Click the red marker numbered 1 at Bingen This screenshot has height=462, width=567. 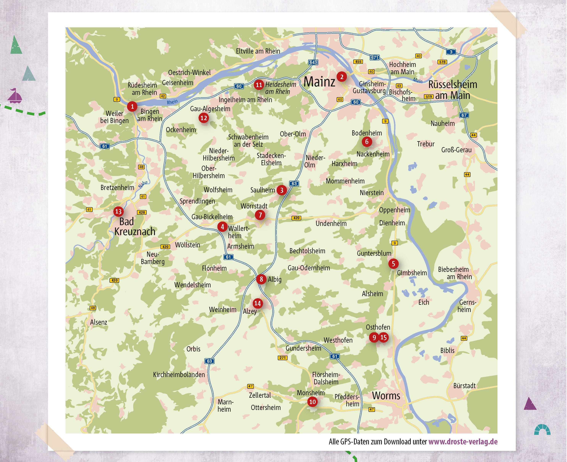(132, 106)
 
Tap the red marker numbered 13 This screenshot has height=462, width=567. (118, 212)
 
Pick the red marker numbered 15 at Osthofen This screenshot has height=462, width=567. (383, 337)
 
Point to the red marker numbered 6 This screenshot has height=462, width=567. (367, 142)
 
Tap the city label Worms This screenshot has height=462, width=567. (386, 396)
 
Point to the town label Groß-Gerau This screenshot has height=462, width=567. (456, 150)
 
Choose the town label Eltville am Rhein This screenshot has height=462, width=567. (258, 51)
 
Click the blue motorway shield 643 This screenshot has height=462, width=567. (313, 62)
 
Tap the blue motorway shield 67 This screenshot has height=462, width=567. (464, 115)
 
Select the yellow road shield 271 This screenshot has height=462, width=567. (282, 358)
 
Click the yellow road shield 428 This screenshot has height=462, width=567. (142, 212)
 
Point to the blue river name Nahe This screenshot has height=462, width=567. (143, 184)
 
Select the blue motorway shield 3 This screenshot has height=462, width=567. (451, 52)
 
